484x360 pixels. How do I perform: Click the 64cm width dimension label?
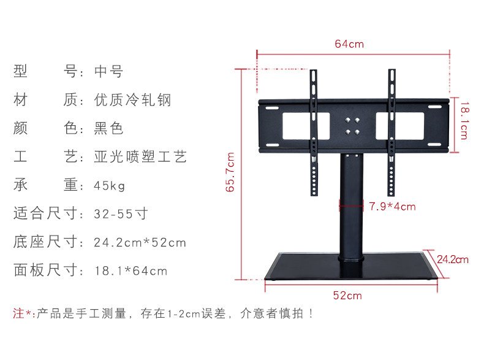coord(349,44)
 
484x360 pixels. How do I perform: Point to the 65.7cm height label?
coord(230,172)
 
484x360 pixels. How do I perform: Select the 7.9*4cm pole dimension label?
coord(392,207)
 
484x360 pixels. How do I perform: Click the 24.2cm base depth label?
coord(453,259)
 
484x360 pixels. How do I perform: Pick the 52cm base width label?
coord(347,296)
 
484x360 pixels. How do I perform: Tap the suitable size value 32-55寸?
coord(121,214)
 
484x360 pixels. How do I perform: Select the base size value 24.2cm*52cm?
coord(140,242)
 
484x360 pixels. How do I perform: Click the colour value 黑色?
coord(108,129)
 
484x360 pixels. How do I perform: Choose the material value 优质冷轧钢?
coord(132,100)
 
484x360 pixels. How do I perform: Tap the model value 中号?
coord(108,72)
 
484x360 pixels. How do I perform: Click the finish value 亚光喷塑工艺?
coord(140,157)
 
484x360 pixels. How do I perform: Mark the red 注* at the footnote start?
coord(23,314)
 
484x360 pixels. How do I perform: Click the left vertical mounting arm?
coord(314,132)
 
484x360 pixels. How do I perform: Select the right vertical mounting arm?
coord(391,132)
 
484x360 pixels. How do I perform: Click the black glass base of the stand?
coord(350,267)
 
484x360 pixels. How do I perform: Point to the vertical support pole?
coord(352,209)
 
